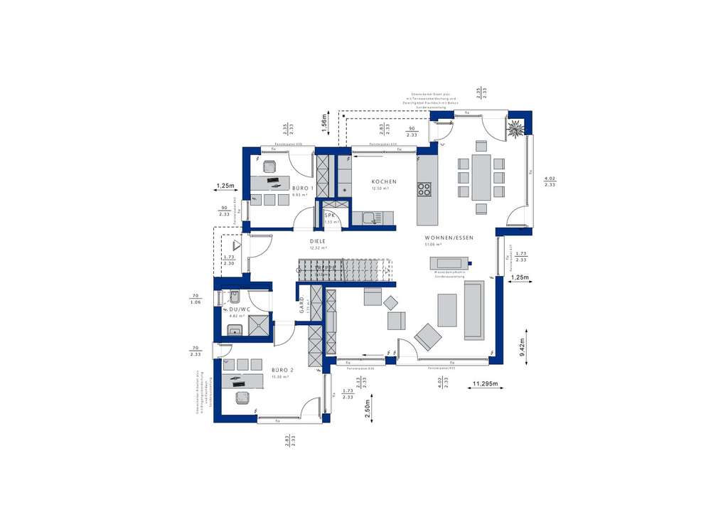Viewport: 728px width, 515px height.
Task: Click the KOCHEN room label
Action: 384,182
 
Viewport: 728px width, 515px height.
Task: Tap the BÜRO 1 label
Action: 303,189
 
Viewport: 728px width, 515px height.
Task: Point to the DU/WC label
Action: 240,309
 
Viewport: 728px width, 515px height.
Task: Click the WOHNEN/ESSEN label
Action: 449,238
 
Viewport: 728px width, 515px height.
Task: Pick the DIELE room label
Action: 318,242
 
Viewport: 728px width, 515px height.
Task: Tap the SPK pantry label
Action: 330,216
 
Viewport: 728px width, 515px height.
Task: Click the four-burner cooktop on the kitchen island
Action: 424,189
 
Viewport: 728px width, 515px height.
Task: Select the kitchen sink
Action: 369,218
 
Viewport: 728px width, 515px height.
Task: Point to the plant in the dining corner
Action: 514,129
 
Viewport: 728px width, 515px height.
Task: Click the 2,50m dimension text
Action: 368,412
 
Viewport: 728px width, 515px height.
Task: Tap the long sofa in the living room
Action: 473,310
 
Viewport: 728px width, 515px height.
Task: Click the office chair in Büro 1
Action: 270,166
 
